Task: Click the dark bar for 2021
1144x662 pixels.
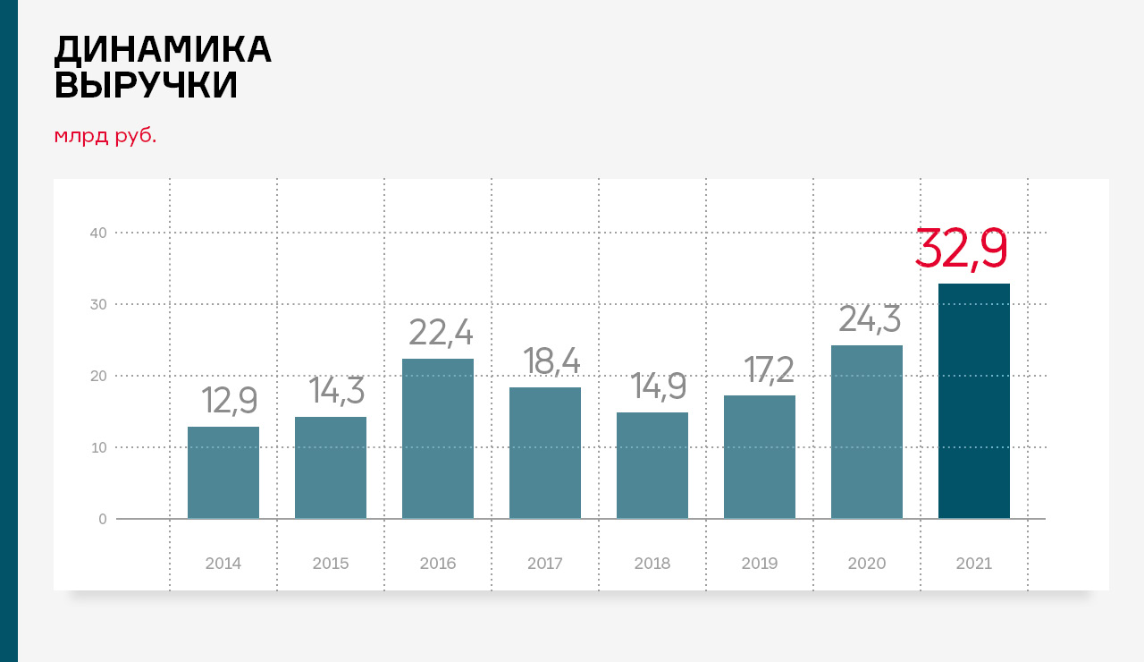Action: [x=974, y=401]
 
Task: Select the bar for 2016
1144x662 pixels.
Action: [x=438, y=438]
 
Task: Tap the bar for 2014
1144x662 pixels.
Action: [x=223, y=472]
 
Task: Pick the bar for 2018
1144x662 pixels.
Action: [x=652, y=465]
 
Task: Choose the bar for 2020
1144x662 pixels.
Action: [x=867, y=431]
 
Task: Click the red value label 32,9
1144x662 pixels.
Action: [x=962, y=249]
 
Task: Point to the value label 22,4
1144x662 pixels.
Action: [x=441, y=332]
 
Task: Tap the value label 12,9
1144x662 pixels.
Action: [x=230, y=400]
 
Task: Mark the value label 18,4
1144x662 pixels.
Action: [x=551, y=361]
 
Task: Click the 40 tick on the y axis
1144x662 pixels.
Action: [x=98, y=233]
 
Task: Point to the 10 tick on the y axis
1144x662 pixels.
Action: [x=98, y=447]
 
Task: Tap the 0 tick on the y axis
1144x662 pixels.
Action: [x=103, y=519]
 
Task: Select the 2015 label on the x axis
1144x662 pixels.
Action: [x=331, y=564]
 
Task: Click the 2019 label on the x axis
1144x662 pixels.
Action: [x=760, y=564]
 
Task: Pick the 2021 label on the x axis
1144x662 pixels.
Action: [x=974, y=564]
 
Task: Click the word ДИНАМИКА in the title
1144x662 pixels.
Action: [x=163, y=49]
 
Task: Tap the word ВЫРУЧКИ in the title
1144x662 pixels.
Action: [x=146, y=86]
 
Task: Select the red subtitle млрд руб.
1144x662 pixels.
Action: [x=105, y=136]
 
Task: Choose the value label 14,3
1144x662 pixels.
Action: [x=337, y=391]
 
